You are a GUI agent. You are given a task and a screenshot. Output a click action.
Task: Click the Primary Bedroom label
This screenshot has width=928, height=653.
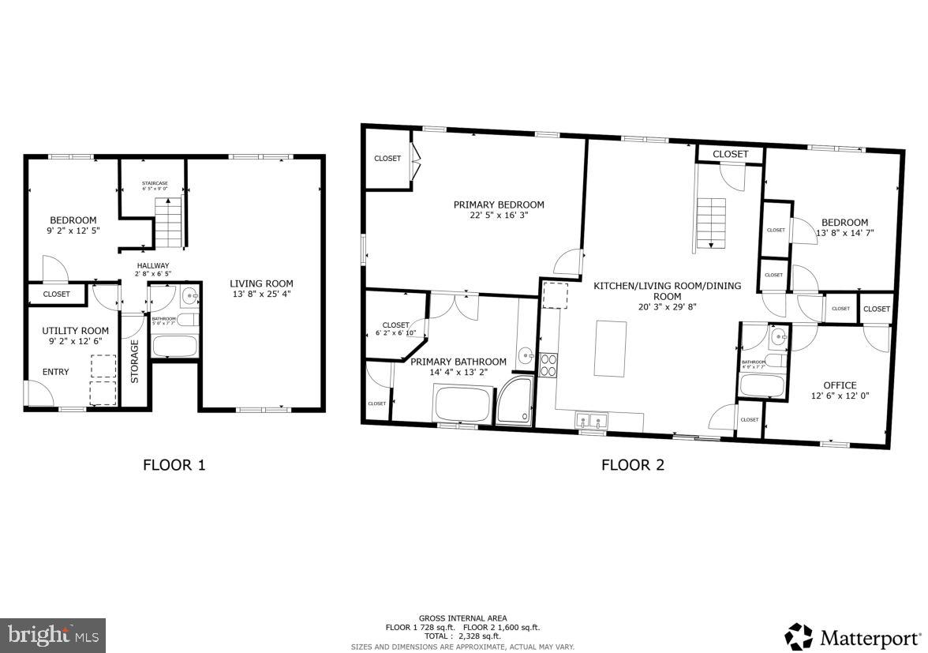click(499, 205)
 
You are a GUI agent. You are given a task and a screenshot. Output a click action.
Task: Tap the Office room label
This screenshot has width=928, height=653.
click(840, 385)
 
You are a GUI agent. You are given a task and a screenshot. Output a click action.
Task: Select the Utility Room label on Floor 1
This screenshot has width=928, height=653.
click(76, 331)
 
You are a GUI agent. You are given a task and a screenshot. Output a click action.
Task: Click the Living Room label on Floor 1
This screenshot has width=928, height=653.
click(261, 283)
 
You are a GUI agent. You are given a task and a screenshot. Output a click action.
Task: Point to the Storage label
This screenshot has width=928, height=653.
click(135, 362)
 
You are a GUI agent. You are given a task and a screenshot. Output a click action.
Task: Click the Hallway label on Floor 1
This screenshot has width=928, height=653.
click(153, 265)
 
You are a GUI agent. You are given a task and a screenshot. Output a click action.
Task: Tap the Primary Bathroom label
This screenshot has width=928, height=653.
click(458, 362)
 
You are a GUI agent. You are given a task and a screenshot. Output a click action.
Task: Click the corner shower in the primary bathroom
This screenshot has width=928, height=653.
click(515, 401)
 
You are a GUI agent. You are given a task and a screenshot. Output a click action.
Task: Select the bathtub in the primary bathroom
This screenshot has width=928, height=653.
click(462, 403)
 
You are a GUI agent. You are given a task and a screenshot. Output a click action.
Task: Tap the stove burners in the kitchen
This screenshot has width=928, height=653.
click(548, 364)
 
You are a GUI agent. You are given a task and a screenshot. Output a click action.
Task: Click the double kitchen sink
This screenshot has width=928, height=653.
click(591, 420)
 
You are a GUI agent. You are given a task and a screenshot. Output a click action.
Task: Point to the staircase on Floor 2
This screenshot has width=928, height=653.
click(710, 223)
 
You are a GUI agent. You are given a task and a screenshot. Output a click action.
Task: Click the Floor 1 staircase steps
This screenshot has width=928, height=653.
click(168, 223)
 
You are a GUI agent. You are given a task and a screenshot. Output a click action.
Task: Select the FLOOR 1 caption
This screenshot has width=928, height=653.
click(174, 465)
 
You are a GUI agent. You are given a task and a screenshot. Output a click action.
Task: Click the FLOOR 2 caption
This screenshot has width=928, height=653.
click(633, 465)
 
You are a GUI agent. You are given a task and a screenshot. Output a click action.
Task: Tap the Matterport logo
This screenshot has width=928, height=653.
click(852, 636)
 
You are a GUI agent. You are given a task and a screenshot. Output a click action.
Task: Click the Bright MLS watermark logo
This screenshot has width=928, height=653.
click(53, 635)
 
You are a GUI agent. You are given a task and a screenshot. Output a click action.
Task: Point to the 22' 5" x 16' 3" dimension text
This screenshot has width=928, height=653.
click(499, 215)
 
